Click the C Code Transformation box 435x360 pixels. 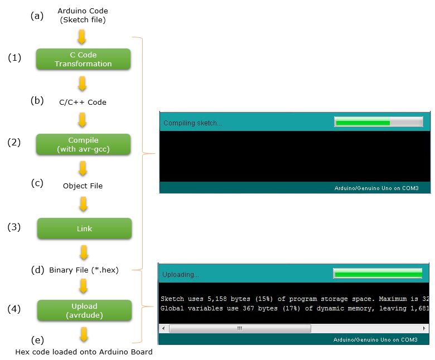pos(83,59)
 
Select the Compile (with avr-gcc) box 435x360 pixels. pos(83,144)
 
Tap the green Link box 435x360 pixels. pos(84,228)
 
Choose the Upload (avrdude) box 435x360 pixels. pos(84,310)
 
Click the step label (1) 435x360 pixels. pos(14,58)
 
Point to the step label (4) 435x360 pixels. pos(14,308)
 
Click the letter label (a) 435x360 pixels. pos(37,16)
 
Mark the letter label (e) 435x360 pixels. pos(38,339)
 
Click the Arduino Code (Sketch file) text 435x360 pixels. pos(83,16)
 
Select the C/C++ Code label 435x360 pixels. pos(83,103)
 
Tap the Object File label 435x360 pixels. pos(83,186)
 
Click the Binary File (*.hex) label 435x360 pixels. pos(84,270)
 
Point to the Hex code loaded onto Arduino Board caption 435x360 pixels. pos(84,352)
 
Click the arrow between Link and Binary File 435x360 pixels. pos(84,252)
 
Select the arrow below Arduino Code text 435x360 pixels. pos(81,37)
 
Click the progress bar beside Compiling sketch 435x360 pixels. pos(378,122)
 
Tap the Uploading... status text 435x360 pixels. pos(180,274)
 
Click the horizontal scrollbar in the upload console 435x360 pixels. pos(240,328)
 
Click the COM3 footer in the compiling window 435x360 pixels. pos(375,188)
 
